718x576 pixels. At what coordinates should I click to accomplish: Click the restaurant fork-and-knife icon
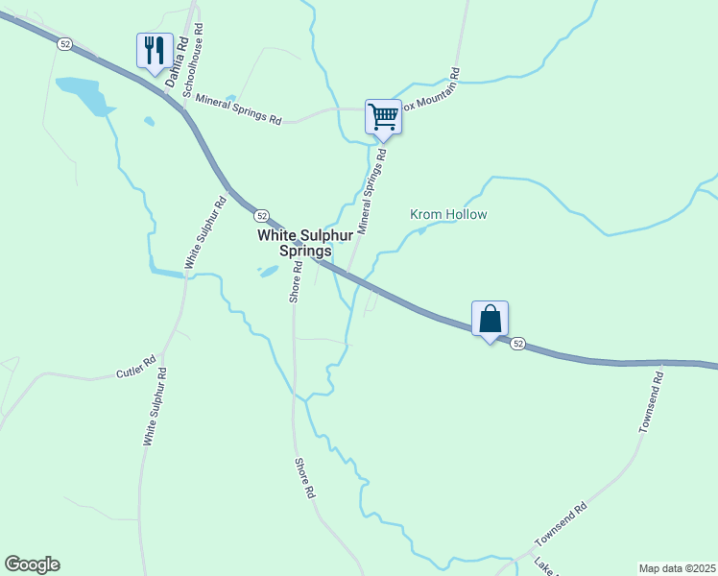click(155, 49)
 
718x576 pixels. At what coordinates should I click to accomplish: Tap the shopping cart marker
click(382, 116)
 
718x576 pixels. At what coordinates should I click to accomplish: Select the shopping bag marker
click(490, 318)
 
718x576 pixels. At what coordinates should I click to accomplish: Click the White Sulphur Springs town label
click(295, 242)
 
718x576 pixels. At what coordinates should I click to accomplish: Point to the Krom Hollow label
click(448, 214)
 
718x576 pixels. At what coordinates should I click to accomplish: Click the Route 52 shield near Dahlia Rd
click(64, 43)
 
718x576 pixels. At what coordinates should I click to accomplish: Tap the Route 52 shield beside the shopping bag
click(517, 343)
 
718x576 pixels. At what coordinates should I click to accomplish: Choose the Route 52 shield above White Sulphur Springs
click(262, 215)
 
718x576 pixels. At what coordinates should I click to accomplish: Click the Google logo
click(32, 564)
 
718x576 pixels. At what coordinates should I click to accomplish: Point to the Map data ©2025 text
click(678, 568)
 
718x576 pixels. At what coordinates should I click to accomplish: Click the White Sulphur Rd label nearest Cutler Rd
click(156, 406)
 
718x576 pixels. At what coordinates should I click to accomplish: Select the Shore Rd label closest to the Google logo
click(303, 477)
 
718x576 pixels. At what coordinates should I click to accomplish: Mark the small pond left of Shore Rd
click(269, 271)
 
